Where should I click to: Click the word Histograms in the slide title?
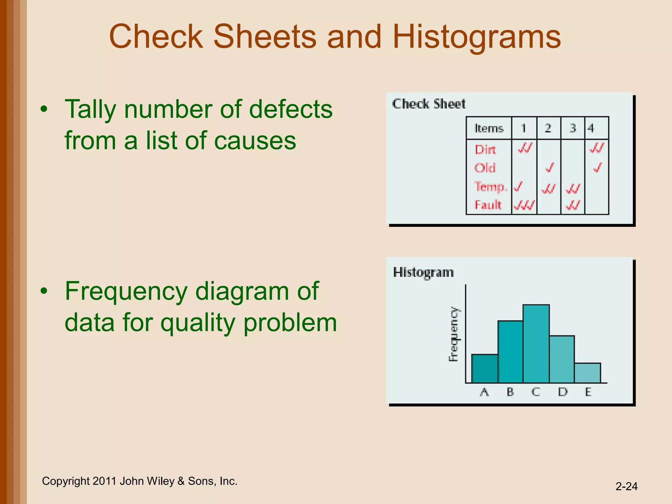pos(476,37)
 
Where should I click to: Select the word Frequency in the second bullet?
pos(126,291)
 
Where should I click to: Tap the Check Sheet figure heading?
pos(429,104)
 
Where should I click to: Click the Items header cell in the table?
pos(489,128)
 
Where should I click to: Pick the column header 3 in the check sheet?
pos(573,128)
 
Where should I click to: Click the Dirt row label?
pos(485,150)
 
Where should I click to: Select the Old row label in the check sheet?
pos(485,168)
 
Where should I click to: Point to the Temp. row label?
pos(491,187)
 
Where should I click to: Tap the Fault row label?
pos(488,205)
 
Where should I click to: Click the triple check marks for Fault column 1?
pos(524,205)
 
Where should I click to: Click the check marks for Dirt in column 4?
pos(597,148)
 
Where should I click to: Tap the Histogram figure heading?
pos(423,272)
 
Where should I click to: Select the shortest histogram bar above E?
pos(587,373)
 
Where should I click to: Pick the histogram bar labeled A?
pos(485,368)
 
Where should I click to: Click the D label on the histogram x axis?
pos(563,392)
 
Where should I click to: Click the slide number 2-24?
pos(626,486)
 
